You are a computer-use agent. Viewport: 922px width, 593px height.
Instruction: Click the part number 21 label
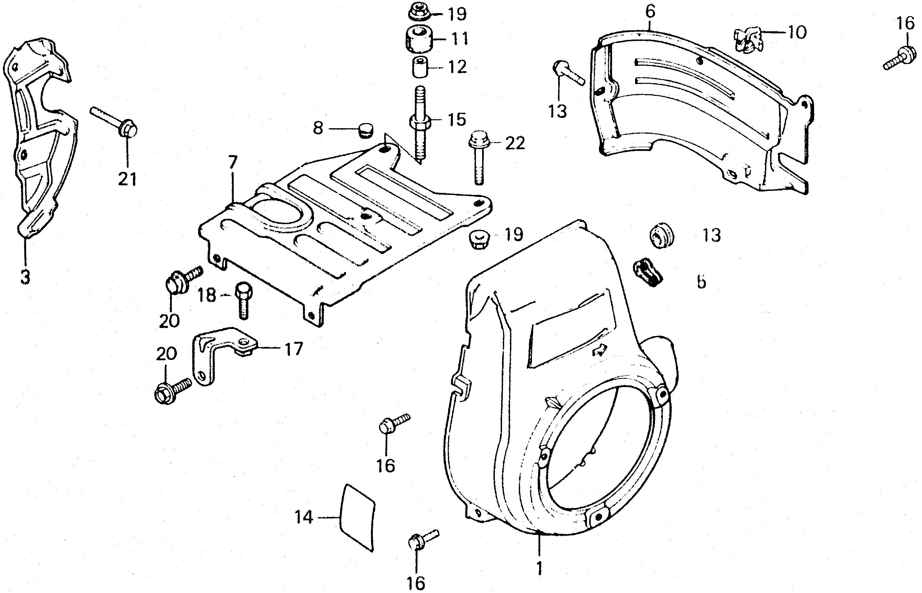127,179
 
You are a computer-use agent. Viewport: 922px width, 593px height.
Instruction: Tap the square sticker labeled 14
358,517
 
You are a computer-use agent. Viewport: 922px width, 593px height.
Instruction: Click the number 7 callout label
232,163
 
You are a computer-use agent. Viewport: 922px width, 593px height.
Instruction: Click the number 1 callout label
539,568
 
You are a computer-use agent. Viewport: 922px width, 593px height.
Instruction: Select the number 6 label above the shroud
649,12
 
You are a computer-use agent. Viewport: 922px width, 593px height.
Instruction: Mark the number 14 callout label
304,517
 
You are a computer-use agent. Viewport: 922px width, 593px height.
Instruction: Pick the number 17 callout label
293,349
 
